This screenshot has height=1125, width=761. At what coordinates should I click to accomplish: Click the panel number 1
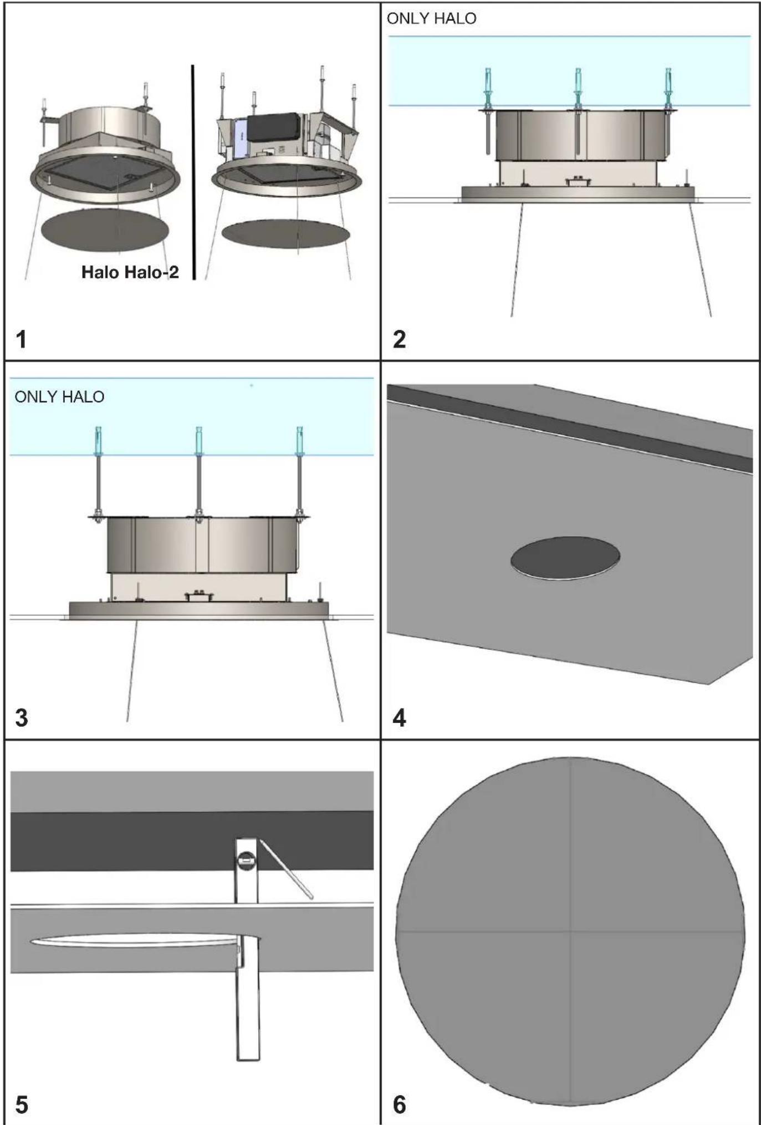coord(22,339)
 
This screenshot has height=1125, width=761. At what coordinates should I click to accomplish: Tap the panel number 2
coord(399,339)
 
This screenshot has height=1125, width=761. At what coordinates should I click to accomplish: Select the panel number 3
coord(22,717)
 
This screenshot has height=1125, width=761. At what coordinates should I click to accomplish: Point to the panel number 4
coord(399,717)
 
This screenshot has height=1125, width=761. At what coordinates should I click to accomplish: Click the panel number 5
coord(22,1104)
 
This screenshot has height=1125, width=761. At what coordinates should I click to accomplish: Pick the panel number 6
coord(399,1104)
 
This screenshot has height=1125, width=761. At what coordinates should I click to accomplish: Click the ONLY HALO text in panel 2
coord(431,19)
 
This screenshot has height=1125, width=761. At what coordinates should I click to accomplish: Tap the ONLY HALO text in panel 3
coord(59,397)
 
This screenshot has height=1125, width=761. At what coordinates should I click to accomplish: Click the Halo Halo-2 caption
coord(130,272)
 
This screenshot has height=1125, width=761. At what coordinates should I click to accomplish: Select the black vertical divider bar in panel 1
coord(193,172)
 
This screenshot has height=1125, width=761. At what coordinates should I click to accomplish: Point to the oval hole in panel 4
coord(565,558)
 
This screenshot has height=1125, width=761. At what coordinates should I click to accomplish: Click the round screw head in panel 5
coord(246,861)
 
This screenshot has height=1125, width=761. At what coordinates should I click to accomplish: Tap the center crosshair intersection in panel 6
coord(570,931)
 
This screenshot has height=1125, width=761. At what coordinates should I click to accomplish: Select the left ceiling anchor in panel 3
coord(99,441)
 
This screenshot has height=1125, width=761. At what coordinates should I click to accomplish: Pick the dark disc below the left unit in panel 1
coord(105,231)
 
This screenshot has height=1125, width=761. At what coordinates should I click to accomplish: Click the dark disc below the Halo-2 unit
coord(286,233)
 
